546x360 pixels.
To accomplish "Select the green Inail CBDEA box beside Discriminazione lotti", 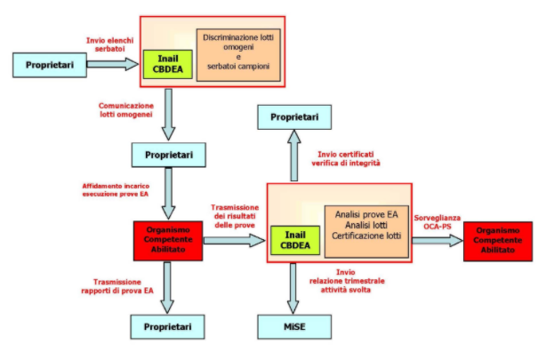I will (x=165, y=64).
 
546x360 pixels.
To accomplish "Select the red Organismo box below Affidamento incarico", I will (x=164, y=238).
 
